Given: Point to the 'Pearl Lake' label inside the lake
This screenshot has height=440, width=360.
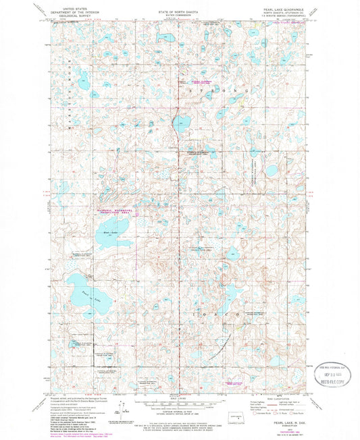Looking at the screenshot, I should (84, 294).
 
